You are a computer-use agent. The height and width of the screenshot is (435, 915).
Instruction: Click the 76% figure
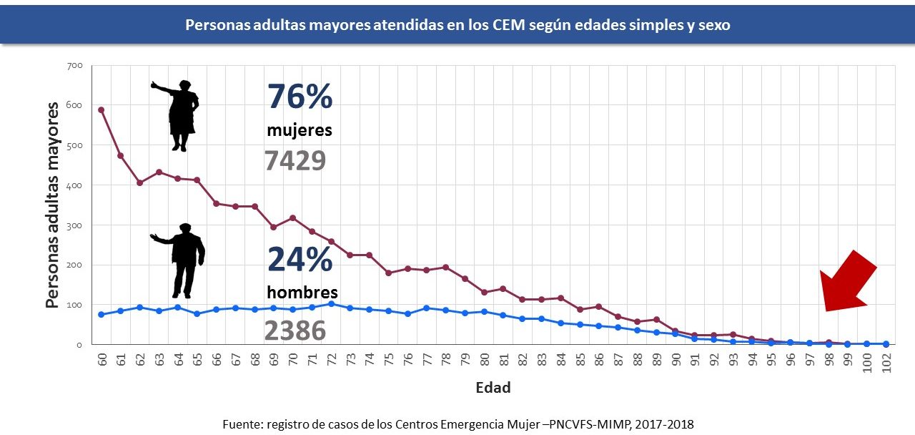(300, 97)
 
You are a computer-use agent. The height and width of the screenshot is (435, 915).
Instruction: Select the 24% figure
(300, 260)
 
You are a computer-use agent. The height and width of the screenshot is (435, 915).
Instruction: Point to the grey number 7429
(295, 161)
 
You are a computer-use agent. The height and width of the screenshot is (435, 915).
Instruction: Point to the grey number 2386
(295, 331)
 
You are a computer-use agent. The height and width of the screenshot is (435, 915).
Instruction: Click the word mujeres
(299, 131)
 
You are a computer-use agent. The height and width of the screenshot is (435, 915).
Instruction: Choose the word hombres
(302, 293)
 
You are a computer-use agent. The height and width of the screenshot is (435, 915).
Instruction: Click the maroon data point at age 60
(102, 109)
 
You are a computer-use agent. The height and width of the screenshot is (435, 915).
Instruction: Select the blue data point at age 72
(331, 303)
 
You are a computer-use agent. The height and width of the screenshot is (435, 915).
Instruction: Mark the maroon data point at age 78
(446, 267)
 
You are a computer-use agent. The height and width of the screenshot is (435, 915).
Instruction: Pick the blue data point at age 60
(102, 314)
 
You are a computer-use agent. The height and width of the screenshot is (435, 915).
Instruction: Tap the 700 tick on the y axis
(75, 66)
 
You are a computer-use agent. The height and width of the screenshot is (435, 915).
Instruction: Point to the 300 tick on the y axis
(75, 225)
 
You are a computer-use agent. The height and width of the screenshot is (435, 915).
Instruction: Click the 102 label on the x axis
(886, 360)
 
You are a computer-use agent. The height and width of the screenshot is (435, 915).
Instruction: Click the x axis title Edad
(493, 388)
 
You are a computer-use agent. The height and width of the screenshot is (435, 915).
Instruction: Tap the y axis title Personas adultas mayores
(52, 205)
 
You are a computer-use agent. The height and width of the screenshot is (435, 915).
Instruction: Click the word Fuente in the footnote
(242, 424)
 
